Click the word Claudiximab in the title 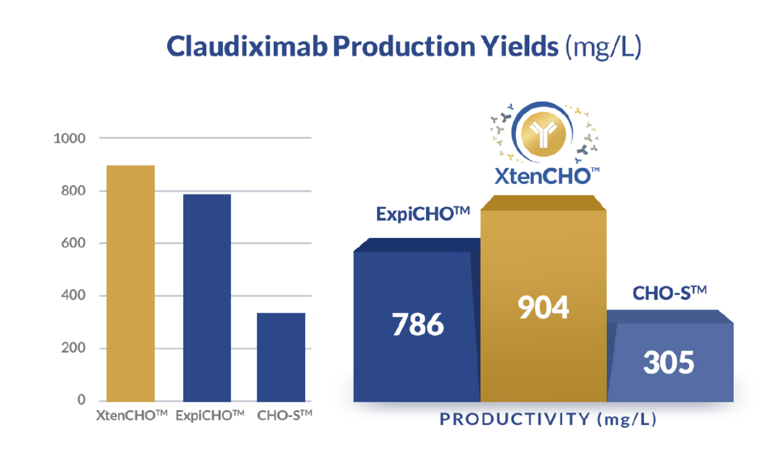247,46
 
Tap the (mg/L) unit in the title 603,48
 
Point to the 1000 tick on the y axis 69,139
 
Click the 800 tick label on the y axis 73,191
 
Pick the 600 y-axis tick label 73,243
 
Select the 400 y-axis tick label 73,295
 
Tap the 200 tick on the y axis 73,348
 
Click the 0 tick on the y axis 82,399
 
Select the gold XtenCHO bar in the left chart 130,284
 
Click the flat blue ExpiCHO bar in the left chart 207,298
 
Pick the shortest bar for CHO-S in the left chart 281,357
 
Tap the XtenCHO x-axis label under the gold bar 131,416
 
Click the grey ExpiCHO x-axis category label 210,416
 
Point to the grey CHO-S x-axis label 284,416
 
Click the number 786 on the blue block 417,324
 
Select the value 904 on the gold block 543,307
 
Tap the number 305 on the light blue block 668,362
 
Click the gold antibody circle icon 543,133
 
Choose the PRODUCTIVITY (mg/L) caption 548,419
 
